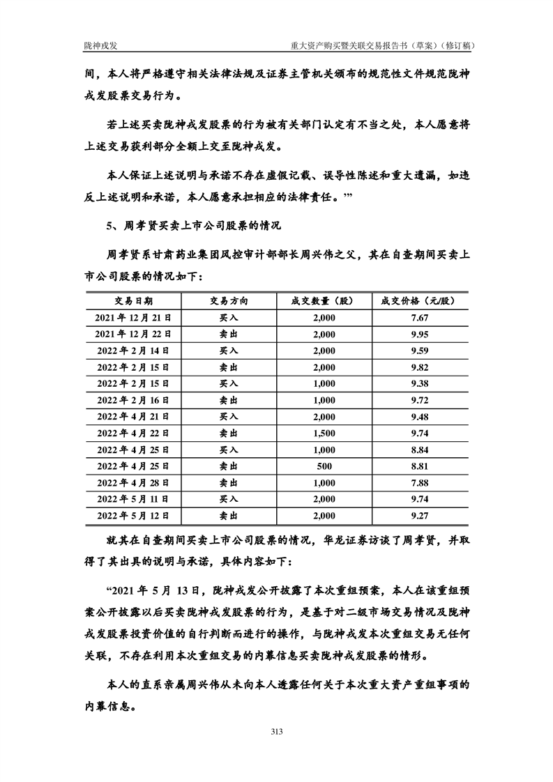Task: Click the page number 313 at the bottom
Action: pos(276,731)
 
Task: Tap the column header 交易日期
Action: pos(134,301)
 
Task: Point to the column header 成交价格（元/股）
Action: pos(419,301)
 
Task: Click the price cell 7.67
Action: pos(419,318)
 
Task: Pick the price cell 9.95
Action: pos(419,334)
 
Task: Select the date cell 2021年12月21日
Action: pos(134,318)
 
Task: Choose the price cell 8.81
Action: pos(419,466)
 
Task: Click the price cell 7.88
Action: pos(419,483)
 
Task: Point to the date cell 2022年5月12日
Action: pos(134,516)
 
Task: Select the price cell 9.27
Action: pos(419,516)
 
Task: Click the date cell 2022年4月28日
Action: pos(134,483)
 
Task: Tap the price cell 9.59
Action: pos(419,351)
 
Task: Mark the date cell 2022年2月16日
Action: pos(134,400)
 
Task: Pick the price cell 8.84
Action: pos(419,450)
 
